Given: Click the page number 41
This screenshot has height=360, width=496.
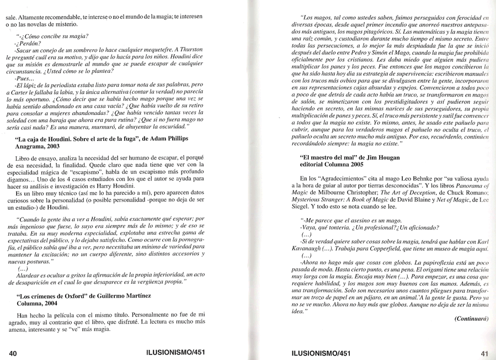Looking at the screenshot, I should [485, 353].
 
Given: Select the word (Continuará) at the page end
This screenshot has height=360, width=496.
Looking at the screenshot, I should [472, 319].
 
